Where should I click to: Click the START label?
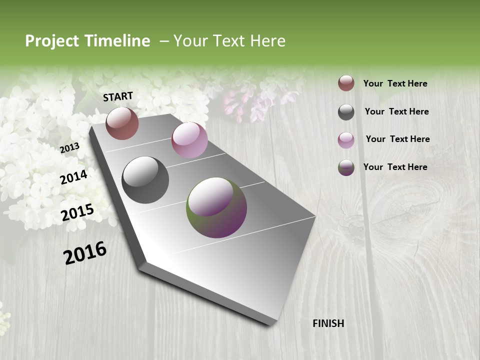tap(118, 96)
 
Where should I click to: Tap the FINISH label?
tap(328, 323)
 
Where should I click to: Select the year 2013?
tap(69, 148)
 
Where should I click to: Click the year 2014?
tap(73, 177)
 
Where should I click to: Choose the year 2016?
tap(85, 252)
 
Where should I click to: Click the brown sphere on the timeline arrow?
tap(122, 123)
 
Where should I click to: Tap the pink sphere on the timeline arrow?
tap(189, 140)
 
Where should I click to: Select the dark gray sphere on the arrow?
tap(145, 180)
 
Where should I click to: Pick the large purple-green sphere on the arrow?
tap(216, 207)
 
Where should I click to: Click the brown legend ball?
tap(346, 83)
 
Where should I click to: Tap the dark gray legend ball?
tap(346, 112)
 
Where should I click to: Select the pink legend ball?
tap(346, 139)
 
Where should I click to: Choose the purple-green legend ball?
tap(346, 167)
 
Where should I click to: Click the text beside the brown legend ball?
tap(395, 83)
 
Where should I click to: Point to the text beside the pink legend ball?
tap(397, 139)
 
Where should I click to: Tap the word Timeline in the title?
tap(117, 41)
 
